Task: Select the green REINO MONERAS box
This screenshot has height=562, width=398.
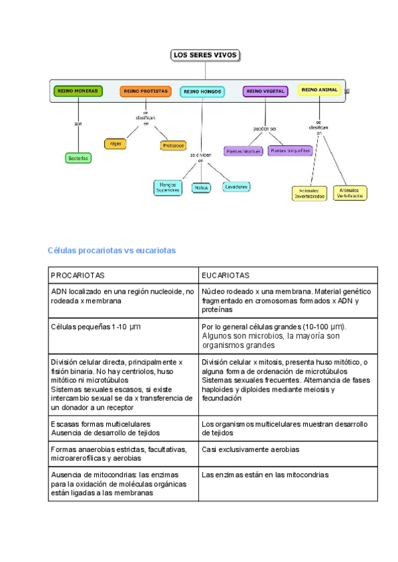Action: pos(78,91)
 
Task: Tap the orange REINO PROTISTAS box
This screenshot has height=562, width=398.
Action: pos(145,91)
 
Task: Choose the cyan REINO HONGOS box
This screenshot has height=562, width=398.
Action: pos(202,92)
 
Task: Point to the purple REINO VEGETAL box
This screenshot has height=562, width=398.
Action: pos(265,91)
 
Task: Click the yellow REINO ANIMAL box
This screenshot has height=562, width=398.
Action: pos(319,89)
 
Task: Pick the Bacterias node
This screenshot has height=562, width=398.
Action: pos(78,158)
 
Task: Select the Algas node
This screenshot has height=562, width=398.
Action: pos(115,143)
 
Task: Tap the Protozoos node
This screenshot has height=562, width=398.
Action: pos(173,145)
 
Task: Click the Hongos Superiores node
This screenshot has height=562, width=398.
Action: pos(168,187)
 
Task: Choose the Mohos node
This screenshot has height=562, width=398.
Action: pos(201,188)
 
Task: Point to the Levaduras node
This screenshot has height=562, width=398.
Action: pos(237,187)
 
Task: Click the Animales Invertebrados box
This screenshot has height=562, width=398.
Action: pos(309,193)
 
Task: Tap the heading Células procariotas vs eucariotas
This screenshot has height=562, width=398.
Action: pos(111,251)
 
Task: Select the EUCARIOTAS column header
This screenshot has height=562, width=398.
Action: pos(226,275)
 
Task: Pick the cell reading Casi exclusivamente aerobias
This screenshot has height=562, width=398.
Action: pos(251,449)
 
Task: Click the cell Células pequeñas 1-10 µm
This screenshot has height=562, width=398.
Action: pos(96,327)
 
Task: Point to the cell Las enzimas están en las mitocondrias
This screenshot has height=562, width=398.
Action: pos(265,475)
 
